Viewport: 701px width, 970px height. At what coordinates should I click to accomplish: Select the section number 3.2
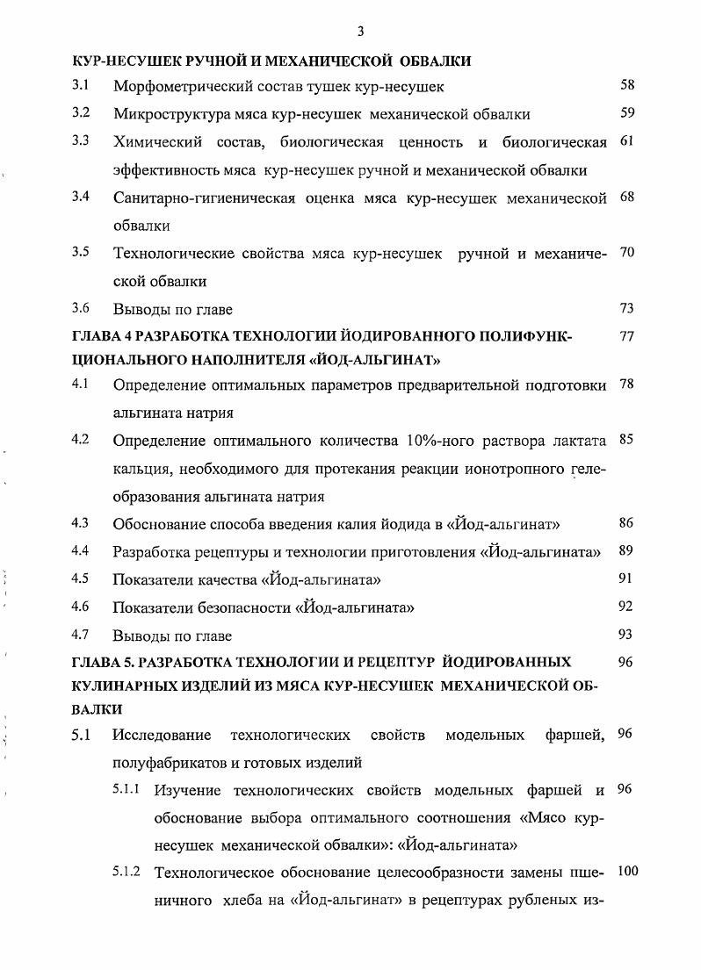(82, 112)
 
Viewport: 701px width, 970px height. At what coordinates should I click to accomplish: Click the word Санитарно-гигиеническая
(195, 198)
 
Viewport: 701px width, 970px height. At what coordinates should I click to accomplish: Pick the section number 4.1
(82, 384)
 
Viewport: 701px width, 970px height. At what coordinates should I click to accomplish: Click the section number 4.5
(82, 578)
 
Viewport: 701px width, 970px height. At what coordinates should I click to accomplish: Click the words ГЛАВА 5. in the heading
(103, 661)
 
